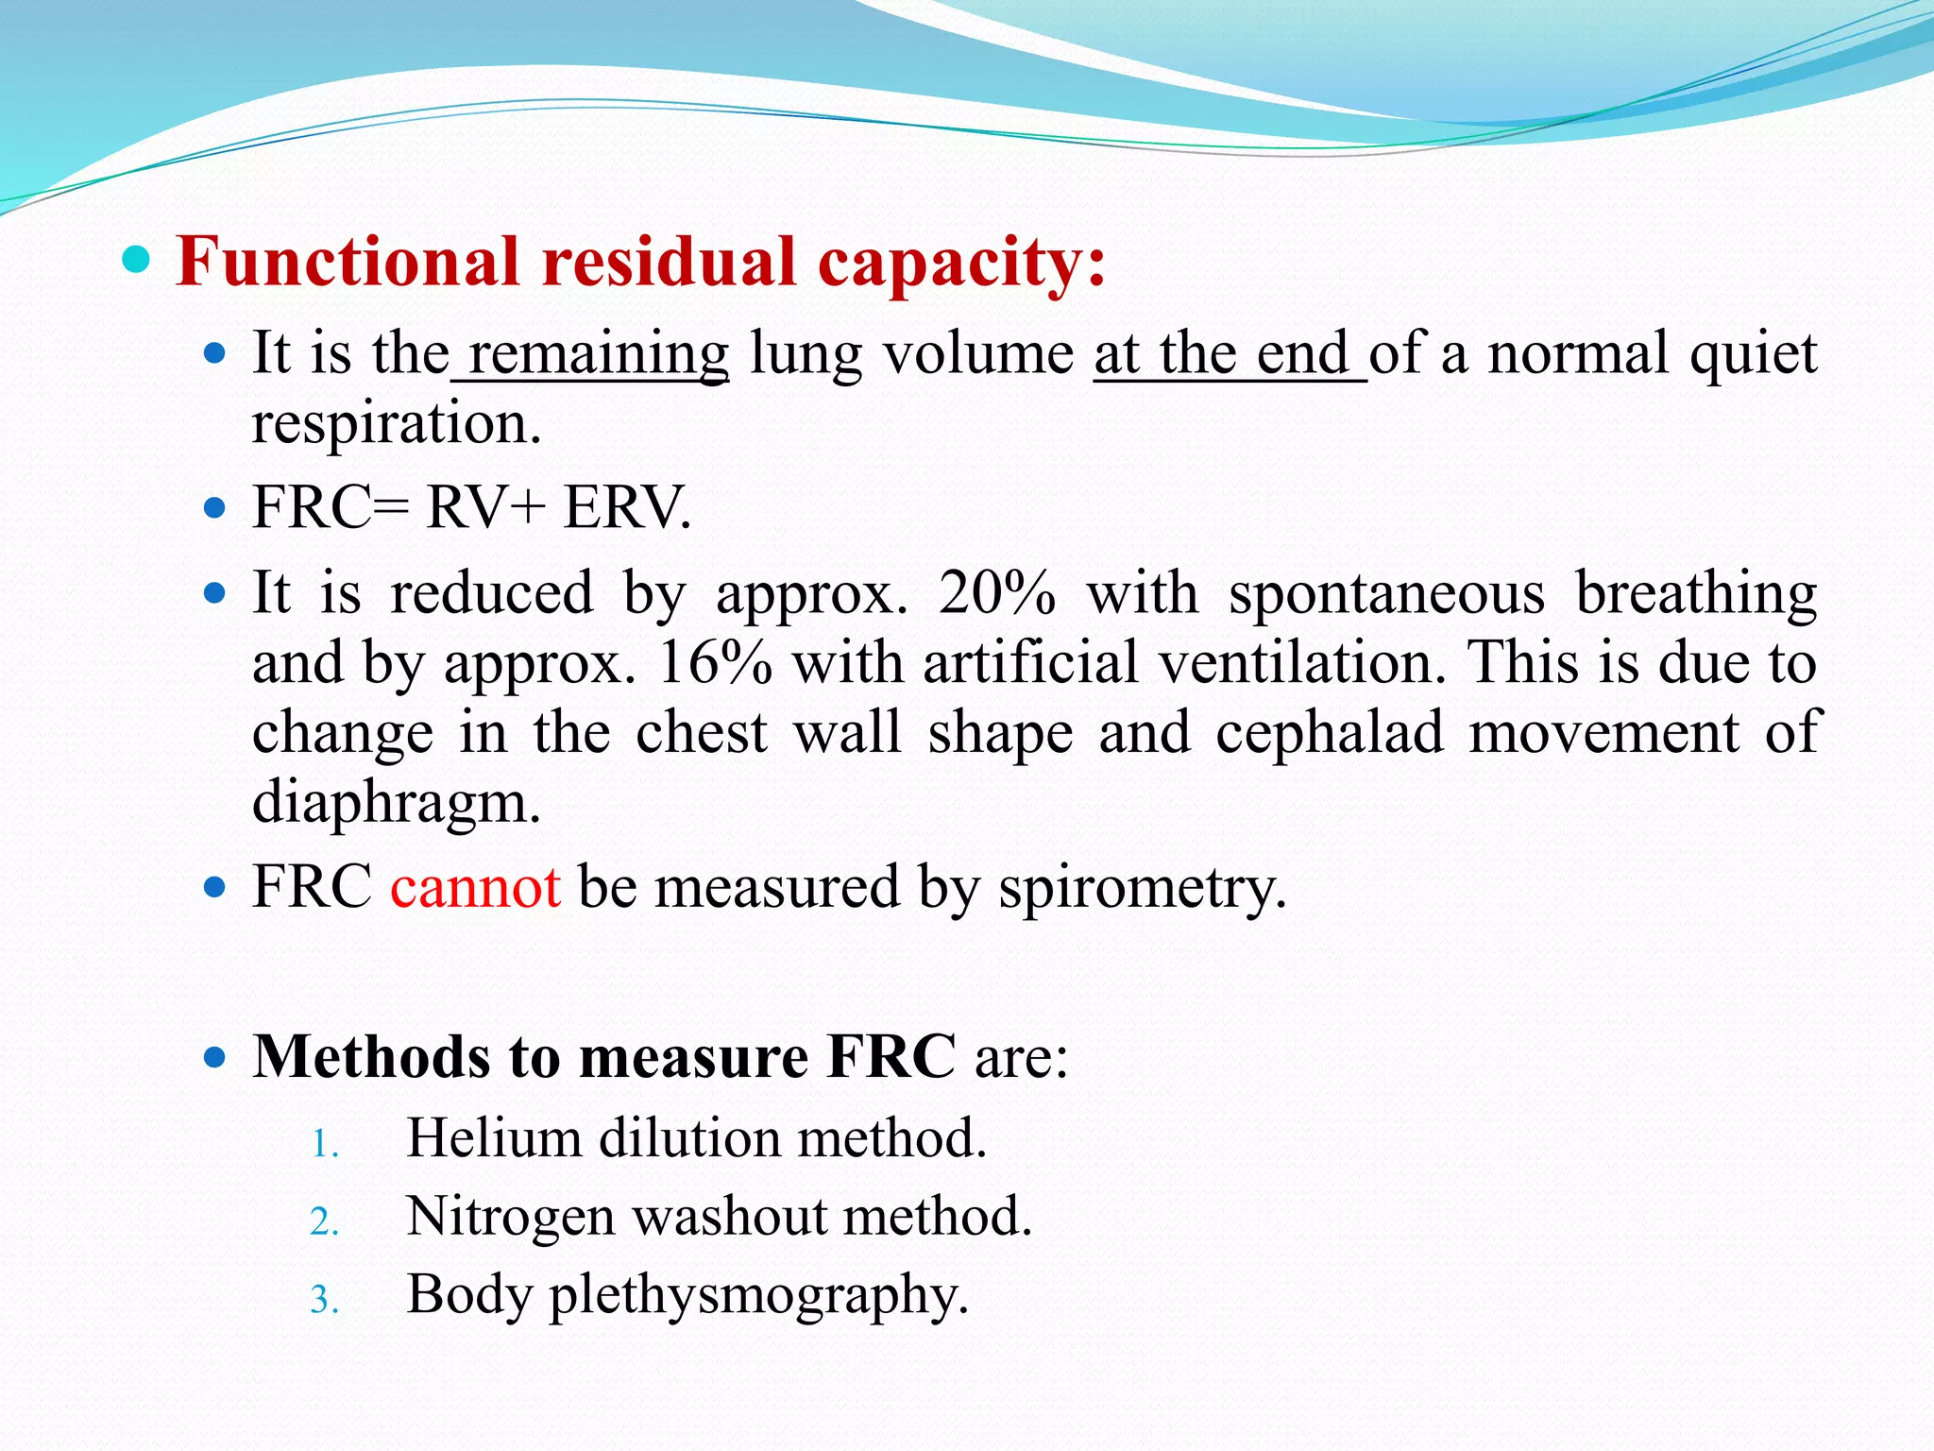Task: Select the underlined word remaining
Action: coord(599,354)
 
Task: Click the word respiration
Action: coord(397,424)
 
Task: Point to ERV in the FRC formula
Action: coord(627,507)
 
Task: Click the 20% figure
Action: coord(997,593)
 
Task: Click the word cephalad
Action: coord(1330,732)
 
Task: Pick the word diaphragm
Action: coord(397,804)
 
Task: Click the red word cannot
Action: coord(476,887)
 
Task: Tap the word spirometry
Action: coord(1142,889)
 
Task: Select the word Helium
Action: coord(493,1137)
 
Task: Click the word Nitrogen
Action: coord(511,1218)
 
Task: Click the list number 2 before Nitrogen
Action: coord(323,1221)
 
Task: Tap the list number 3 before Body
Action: coord(323,1300)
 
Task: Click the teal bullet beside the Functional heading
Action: coord(137,259)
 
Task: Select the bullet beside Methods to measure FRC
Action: coord(215,1055)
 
